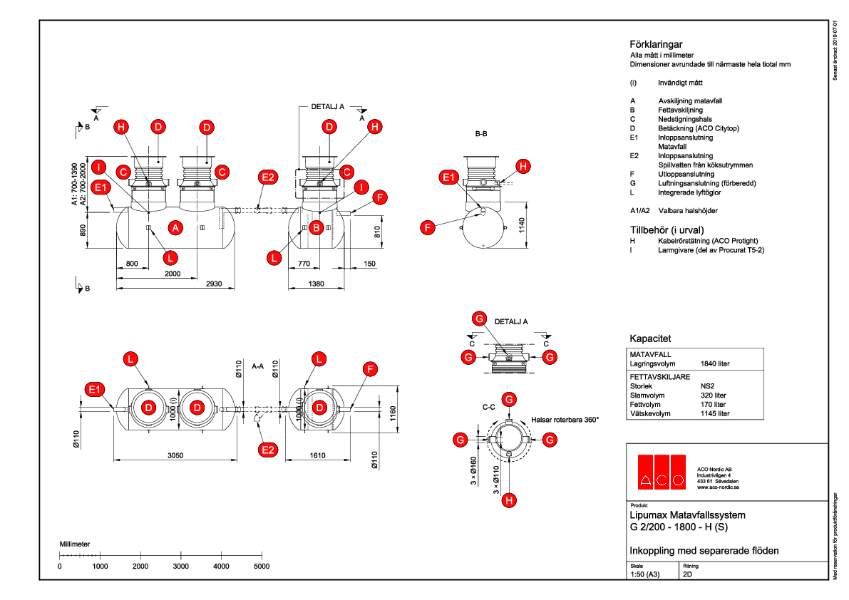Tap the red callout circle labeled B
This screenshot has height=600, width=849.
click(x=317, y=227)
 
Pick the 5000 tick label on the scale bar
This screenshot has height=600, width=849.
click(x=262, y=566)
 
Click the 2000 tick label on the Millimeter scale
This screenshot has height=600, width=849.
click(x=140, y=566)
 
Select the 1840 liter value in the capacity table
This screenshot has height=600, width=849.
click(x=716, y=363)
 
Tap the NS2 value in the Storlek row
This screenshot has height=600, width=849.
click(x=708, y=385)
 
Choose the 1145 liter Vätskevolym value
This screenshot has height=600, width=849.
click(x=716, y=413)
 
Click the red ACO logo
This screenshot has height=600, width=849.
click(x=661, y=472)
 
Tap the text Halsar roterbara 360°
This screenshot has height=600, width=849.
click(x=565, y=420)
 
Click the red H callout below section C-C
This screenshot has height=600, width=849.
click(x=508, y=500)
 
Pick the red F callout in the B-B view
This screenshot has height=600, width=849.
click(x=428, y=227)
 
